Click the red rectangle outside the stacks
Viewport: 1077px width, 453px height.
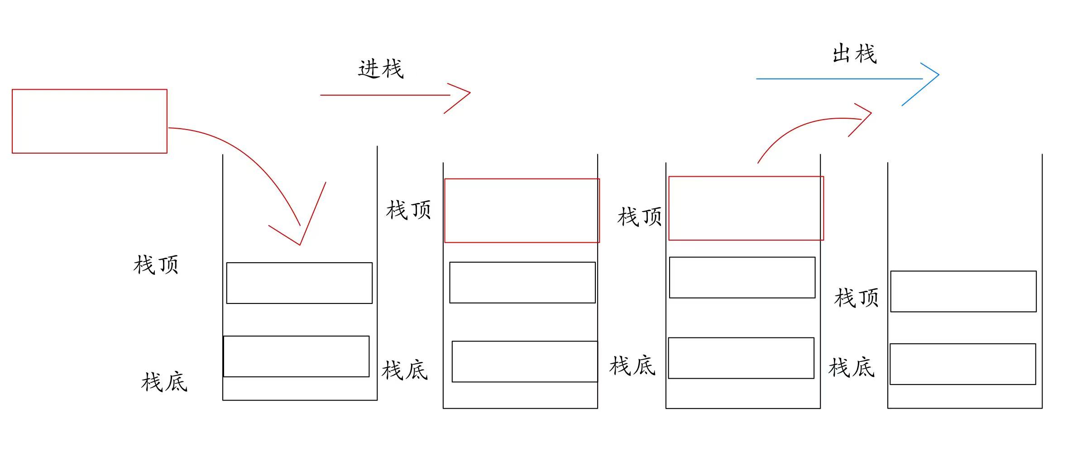(89, 121)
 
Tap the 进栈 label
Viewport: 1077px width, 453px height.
(380, 69)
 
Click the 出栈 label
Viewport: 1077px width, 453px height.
(854, 54)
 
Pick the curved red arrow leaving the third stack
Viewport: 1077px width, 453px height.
(806, 125)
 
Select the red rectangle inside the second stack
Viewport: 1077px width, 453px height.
(522, 211)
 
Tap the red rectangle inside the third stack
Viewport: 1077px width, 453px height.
(746, 208)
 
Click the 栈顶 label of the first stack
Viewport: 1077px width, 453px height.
(156, 265)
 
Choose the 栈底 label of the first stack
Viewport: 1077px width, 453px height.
(164, 382)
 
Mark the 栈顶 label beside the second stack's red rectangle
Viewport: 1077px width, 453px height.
(408, 210)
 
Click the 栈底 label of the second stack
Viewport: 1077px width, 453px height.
(404, 370)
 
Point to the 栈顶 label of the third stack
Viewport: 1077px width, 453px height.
(639, 217)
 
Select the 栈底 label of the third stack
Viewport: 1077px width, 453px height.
(632, 366)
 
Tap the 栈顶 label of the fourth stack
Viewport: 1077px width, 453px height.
(856, 298)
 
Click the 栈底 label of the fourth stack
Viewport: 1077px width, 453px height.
(851, 367)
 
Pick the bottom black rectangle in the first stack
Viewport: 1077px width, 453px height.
(296, 356)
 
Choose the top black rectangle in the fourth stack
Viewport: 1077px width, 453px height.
(963, 291)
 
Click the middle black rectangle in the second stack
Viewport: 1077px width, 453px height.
(522, 282)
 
